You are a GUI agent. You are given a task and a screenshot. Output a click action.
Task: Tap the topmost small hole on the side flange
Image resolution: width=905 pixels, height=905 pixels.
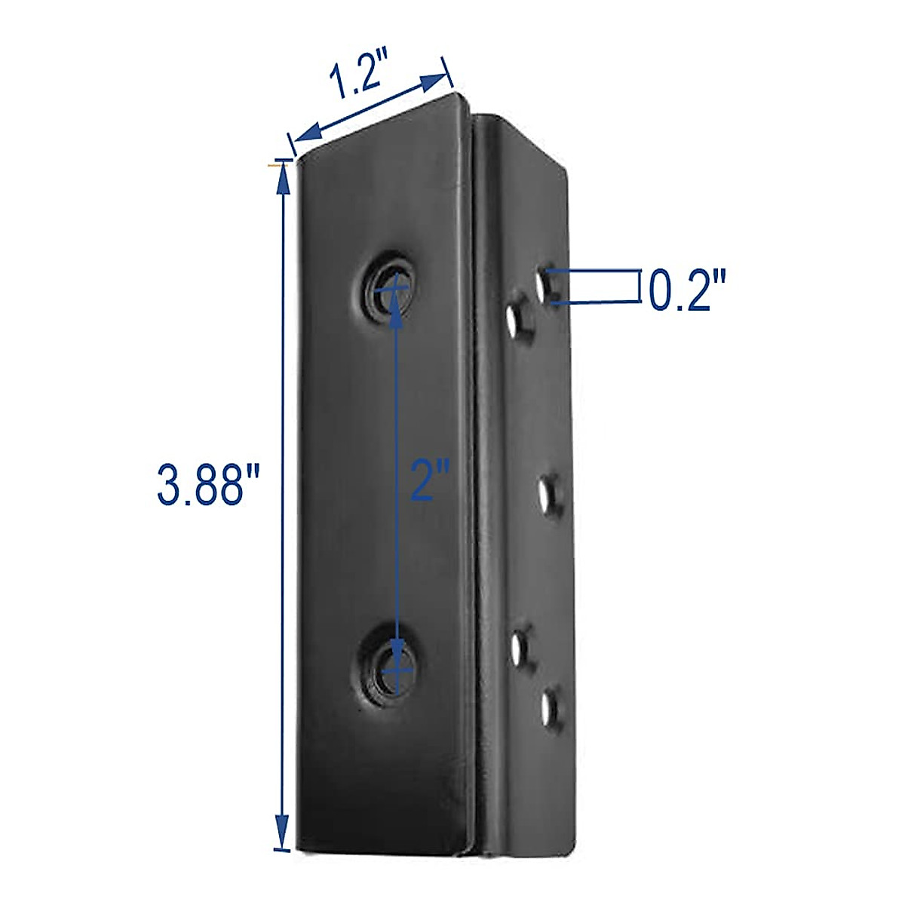pos(548,286)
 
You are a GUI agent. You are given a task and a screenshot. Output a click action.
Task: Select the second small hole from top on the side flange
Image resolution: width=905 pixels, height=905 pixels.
pos(517,321)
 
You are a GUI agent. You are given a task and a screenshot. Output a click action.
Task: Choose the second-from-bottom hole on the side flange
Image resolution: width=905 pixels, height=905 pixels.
pos(519,647)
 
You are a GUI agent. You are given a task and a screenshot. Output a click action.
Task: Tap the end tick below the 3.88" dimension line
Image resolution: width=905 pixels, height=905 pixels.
pos(281,851)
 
